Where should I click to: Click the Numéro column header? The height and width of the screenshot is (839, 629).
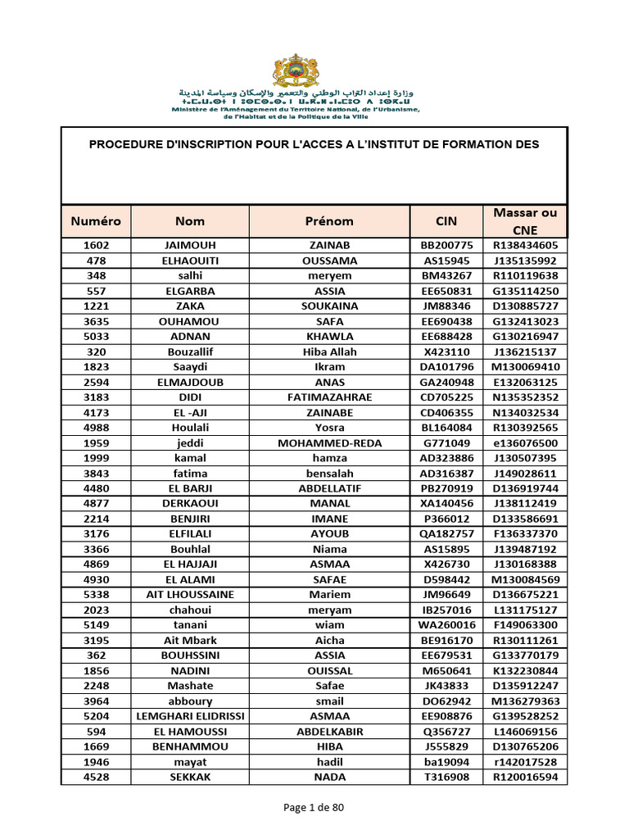coord(96,221)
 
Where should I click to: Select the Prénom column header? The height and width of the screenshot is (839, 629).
coord(329,221)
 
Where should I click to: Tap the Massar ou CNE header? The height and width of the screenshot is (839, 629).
coord(525,221)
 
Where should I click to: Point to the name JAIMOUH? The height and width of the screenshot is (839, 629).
coord(190,246)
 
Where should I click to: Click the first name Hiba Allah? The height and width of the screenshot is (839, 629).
coord(329,351)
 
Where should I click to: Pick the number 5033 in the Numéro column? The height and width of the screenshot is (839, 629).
coord(96,337)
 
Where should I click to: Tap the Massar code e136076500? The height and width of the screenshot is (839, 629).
coord(525,443)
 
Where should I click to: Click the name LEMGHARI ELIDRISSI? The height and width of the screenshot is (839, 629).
coord(190,716)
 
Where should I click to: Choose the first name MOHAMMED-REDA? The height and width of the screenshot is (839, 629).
coord(329,443)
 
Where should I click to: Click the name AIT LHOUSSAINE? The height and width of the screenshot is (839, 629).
coord(190,595)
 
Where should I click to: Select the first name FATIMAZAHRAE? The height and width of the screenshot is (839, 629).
coord(329,397)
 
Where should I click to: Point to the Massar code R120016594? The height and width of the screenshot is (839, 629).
coord(525,777)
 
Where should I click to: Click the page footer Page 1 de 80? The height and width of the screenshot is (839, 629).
coord(314,808)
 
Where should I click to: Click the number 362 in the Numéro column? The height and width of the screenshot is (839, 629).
coord(96,655)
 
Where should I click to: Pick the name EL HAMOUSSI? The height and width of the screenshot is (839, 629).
coord(190,732)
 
